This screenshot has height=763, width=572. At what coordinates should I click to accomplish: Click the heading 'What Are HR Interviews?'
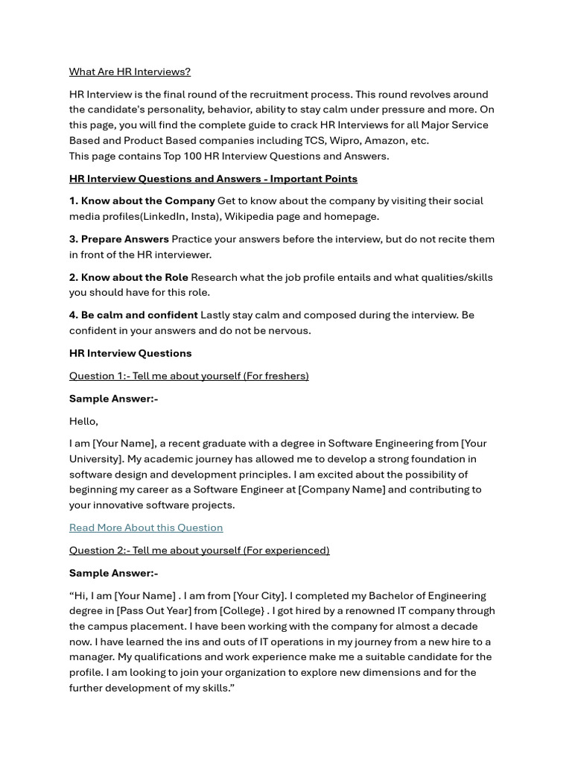coord(130,72)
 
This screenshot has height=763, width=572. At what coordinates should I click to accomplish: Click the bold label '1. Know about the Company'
coord(142,200)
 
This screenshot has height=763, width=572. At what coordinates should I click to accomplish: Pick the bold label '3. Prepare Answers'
coord(118,238)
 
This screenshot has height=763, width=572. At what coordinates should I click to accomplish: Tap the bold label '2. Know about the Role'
coord(128,277)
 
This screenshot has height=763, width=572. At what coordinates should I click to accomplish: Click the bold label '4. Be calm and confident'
coord(133,314)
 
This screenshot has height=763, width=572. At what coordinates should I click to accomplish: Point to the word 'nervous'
coord(287,330)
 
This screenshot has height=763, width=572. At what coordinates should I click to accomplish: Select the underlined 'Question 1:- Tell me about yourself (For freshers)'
coord(188,376)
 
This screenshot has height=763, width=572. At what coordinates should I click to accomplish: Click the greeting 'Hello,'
coord(83,421)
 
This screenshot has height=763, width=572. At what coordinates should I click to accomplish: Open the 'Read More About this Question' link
coord(146,528)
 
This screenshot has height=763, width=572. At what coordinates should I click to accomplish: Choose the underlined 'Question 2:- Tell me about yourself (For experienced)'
coord(199,550)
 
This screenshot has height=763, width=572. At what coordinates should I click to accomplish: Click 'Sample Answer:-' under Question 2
coord(113,573)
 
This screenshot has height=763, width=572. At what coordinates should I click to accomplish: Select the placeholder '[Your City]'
coord(259,595)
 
